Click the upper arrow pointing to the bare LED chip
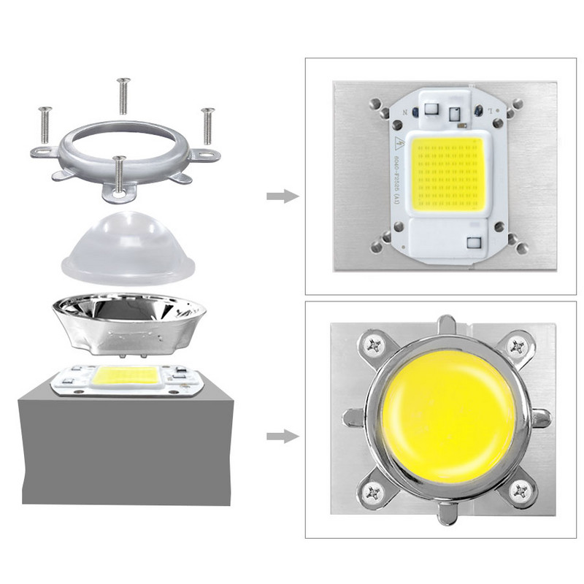(282, 196)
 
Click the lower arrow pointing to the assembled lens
(282, 437)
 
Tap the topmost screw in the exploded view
(123, 95)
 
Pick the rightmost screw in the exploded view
(208, 126)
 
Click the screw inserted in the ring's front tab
(121, 175)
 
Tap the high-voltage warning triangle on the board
(400, 142)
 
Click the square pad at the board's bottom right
(474, 241)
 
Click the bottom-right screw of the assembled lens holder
(519, 490)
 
